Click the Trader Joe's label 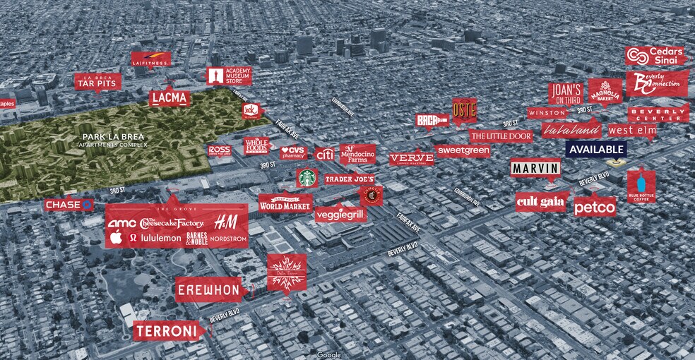click(x=349, y=180)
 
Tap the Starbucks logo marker click(x=306, y=177)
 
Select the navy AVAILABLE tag click(x=595, y=150)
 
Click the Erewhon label click(x=208, y=289)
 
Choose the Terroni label click(x=168, y=330)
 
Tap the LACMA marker click(x=170, y=98)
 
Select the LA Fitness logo click(x=150, y=60)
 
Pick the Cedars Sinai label click(x=654, y=56)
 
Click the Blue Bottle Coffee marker click(x=641, y=186)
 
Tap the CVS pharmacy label click(x=295, y=152)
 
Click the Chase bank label click(x=69, y=205)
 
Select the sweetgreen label click(x=463, y=150)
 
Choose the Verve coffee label click(x=411, y=159)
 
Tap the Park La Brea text click(x=114, y=138)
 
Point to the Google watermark click(x=328, y=354)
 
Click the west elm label click(x=630, y=130)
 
